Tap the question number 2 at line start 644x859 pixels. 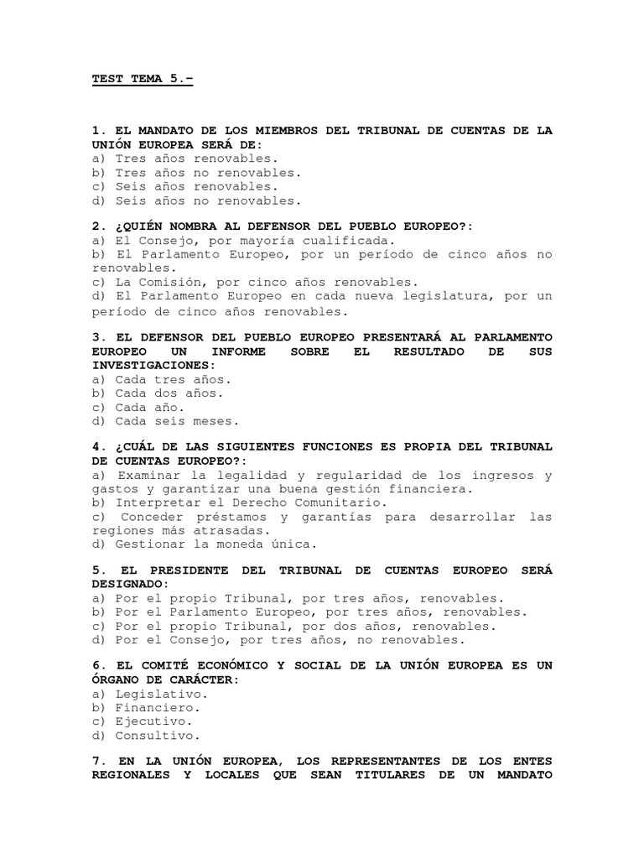tap(96, 226)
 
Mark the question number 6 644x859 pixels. tap(96, 665)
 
